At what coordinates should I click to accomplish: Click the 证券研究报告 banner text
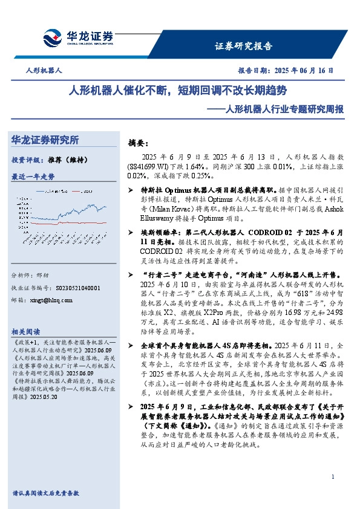(244, 46)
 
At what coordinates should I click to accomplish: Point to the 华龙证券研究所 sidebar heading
(45, 140)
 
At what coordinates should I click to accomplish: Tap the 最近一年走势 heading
(33, 177)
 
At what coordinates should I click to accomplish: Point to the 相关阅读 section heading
(25, 332)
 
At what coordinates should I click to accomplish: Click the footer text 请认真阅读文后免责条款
(45, 493)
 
